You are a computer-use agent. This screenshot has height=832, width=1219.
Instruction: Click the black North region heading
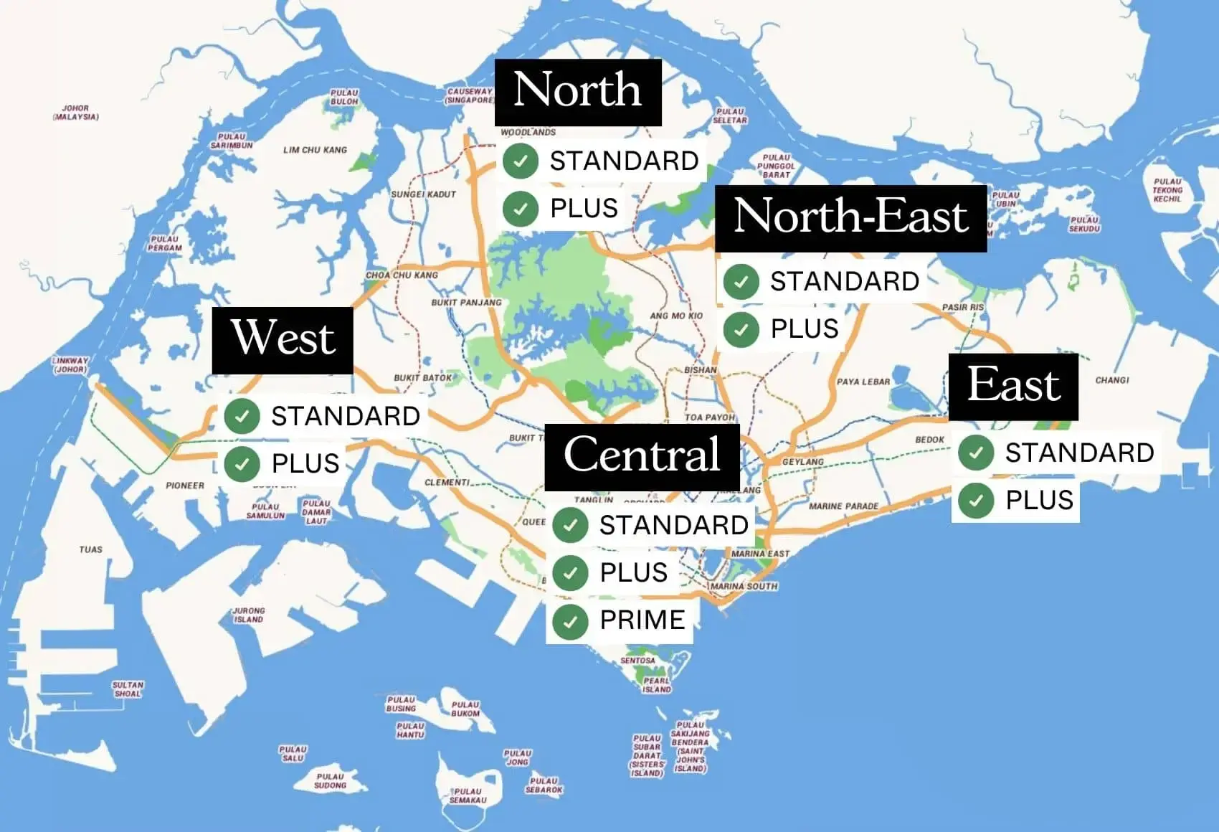click(577, 91)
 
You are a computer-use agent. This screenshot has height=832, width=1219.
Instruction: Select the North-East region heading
click(850, 217)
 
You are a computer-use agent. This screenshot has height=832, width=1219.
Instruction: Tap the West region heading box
click(283, 339)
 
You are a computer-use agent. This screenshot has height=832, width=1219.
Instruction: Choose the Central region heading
click(642, 456)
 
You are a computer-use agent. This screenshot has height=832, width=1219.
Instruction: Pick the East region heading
click(1012, 386)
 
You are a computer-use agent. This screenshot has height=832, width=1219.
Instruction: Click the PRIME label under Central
click(642, 620)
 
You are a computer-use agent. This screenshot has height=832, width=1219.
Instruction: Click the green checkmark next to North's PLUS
click(521, 209)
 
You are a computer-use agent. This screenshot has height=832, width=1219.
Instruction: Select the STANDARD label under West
click(345, 417)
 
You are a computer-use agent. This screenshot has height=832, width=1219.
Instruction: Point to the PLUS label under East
click(1039, 501)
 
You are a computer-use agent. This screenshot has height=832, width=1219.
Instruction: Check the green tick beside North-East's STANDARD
click(741, 282)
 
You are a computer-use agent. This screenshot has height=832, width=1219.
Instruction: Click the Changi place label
click(1111, 380)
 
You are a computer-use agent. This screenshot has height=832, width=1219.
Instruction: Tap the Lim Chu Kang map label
click(315, 150)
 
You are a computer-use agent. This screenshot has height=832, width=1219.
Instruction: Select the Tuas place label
click(91, 550)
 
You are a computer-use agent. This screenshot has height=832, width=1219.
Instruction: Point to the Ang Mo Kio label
click(676, 316)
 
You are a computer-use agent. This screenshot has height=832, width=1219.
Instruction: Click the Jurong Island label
click(249, 615)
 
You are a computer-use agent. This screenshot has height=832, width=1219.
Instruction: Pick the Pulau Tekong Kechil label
click(1167, 190)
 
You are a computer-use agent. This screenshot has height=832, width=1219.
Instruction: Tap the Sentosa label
click(637, 661)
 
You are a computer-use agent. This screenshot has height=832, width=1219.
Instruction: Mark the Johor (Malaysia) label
click(76, 113)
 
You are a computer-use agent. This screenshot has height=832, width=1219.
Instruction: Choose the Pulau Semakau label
click(468, 795)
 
